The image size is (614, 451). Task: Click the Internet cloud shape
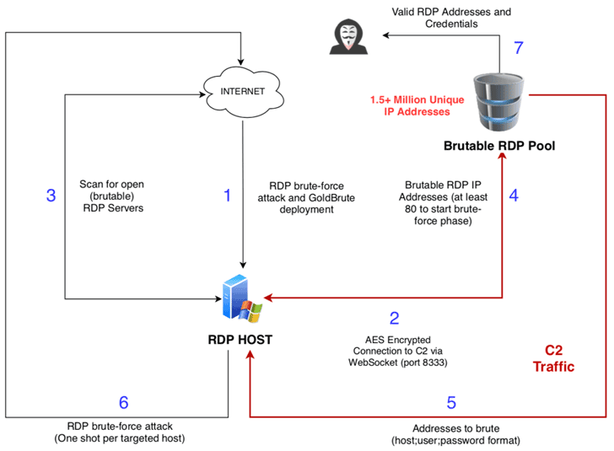pyautogui.click(x=242, y=92)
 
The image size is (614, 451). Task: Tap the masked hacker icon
pyautogui.click(x=349, y=36)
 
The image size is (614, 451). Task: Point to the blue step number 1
pyautogui.click(x=226, y=196)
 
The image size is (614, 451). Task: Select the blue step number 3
pyautogui.click(x=51, y=196)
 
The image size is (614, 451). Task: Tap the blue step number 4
pyautogui.click(x=514, y=196)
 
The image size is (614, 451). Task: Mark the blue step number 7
pyautogui.click(x=519, y=47)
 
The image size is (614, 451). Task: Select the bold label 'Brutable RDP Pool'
pyautogui.click(x=498, y=146)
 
